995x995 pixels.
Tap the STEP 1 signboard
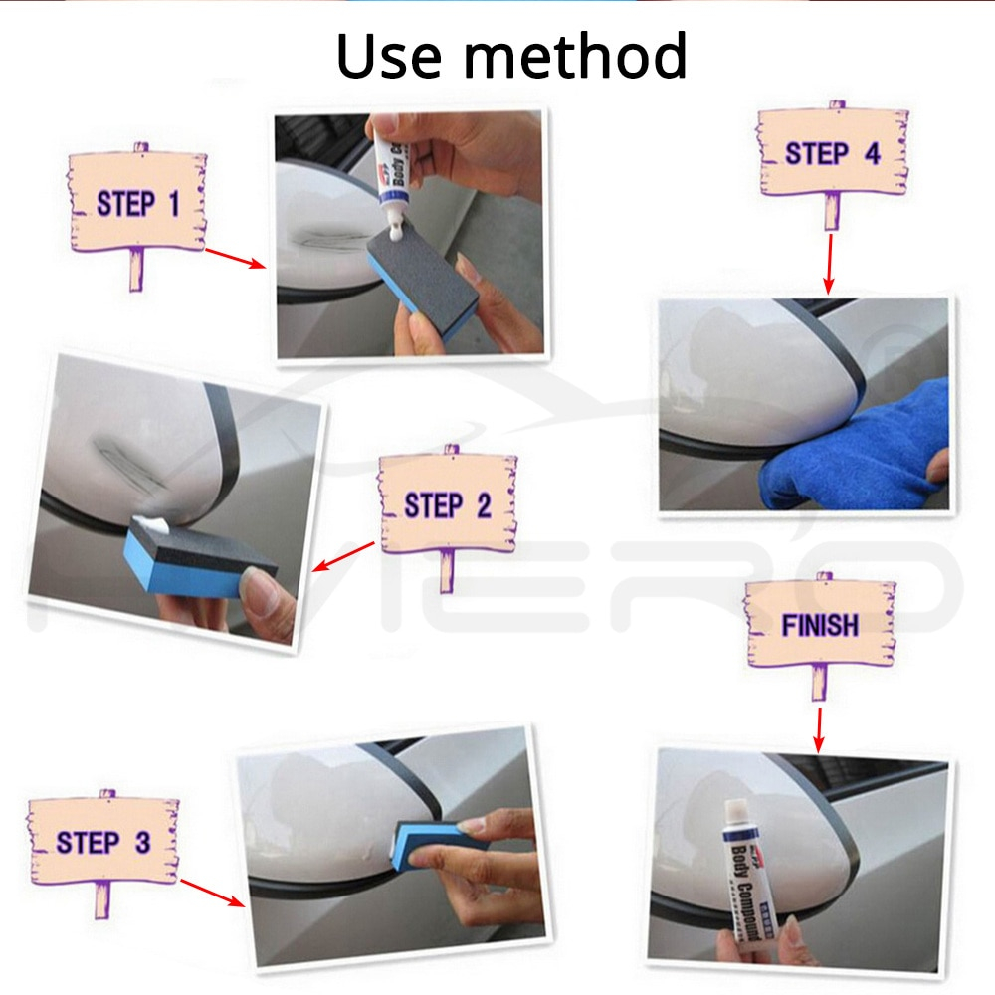137,204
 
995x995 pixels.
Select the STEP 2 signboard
447,505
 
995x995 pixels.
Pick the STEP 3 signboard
103,842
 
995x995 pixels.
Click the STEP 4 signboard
832,153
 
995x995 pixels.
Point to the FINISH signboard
819,625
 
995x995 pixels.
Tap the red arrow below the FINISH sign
819,729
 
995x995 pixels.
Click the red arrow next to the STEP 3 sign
212,893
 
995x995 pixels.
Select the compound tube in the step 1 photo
393,169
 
